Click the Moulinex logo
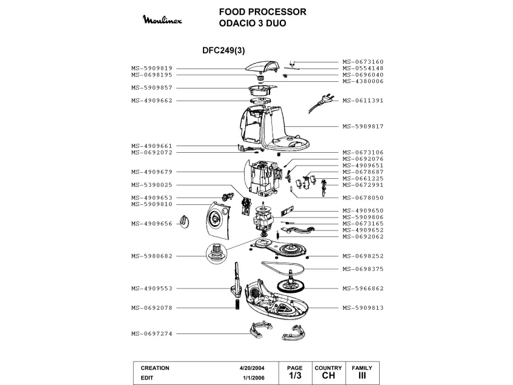[162, 19]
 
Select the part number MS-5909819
[152, 69]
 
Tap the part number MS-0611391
[363, 101]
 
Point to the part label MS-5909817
[363, 126]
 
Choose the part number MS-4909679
[152, 172]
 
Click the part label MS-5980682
[152, 256]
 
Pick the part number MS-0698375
[363, 269]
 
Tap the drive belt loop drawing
[283, 268]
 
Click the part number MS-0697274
[152, 334]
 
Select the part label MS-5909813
[363, 308]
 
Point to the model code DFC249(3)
[223, 50]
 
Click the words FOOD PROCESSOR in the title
[263, 12]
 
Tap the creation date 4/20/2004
[252, 368]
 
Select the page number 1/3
[295, 375]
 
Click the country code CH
[328, 375]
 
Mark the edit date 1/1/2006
[254, 378]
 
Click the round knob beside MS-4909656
[185, 222]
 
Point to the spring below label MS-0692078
[237, 304]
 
